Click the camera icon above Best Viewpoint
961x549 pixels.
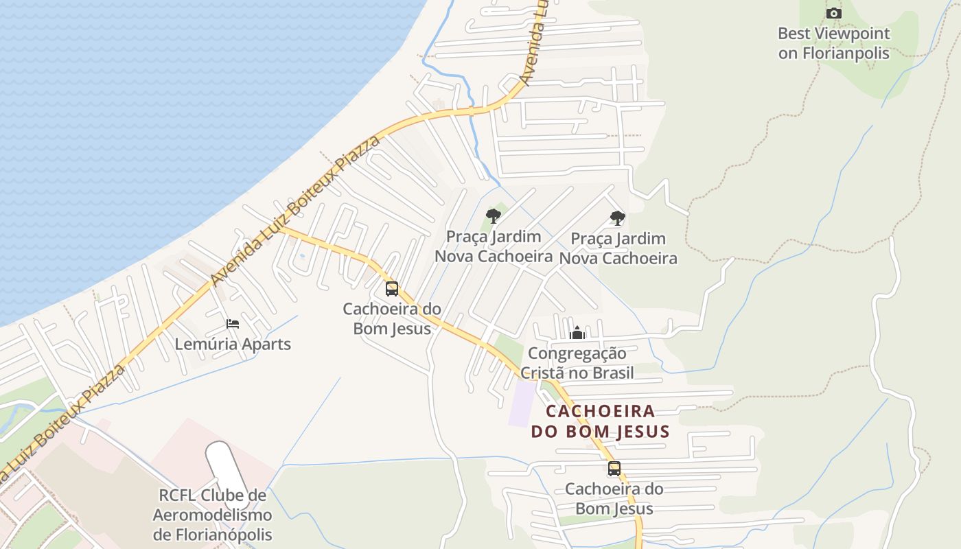pos(833,13)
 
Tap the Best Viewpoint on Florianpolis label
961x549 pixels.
pos(833,43)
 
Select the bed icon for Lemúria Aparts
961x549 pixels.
pos(233,324)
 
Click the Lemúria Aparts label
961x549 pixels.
pos(233,344)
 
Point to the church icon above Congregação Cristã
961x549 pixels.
pos(577,334)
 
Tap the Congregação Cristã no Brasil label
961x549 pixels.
pos(577,364)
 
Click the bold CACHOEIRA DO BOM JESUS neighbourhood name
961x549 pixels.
pos(600,421)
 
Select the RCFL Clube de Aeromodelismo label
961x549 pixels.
pos(212,515)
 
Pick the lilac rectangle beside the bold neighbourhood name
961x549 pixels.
pos(523,403)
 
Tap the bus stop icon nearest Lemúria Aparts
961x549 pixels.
pos(392,289)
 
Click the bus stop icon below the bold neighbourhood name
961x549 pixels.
pos(614,469)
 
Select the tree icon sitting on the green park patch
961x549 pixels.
pos(493,216)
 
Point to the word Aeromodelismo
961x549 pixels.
pos(212,515)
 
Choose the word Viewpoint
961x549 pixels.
pos(851,34)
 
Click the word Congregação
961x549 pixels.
pos(577,354)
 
